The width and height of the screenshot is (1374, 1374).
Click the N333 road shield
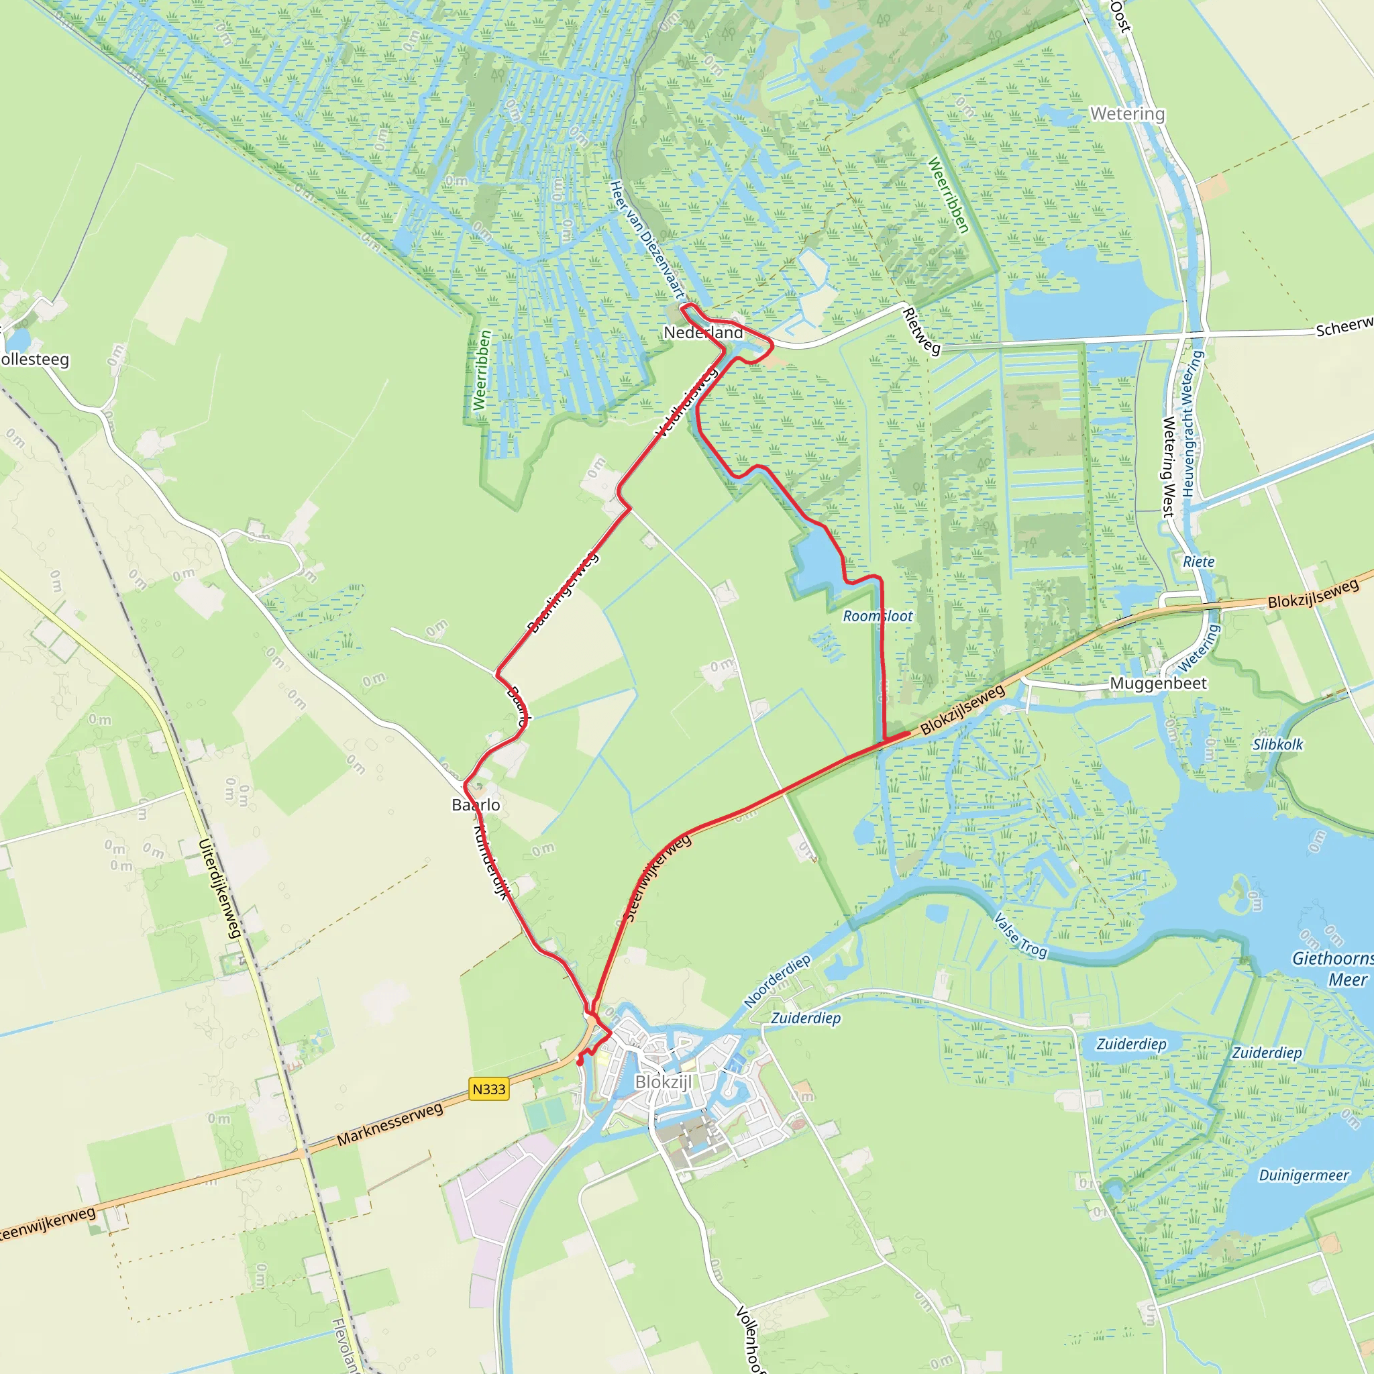[488, 1089]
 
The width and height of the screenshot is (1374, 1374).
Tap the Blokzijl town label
[663, 1081]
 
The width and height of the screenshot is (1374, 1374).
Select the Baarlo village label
[476, 804]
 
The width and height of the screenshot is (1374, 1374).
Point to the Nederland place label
[702, 332]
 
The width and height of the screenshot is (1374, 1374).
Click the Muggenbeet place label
[1159, 684]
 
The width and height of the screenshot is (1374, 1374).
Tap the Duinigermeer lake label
[1304, 1175]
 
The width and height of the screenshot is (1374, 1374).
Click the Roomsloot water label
[878, 616]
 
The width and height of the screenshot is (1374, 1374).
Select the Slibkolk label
[1277, 745]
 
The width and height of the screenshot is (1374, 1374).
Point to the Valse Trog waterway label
[1020, 936]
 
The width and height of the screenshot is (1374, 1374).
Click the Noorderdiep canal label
[777, 982]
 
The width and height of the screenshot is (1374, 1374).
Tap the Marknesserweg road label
[390, 1124]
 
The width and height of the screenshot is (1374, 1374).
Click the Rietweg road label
[921, 331]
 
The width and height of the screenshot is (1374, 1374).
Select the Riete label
[1198, 562]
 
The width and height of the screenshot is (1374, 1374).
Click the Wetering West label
[1168, 466]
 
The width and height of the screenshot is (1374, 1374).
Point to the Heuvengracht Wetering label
[1192, 424]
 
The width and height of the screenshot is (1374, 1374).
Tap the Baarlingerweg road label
[562, 592]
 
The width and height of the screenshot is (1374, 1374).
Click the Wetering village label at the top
[1127, 114]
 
